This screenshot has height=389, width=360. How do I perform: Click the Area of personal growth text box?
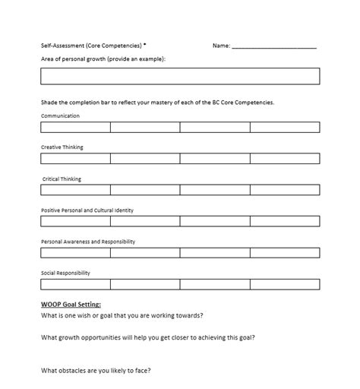point(180,76)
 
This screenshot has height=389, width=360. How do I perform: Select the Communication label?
point(60,116)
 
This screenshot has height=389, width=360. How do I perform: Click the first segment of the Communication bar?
point(76,127)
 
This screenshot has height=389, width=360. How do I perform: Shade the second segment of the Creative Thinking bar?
point(145,159)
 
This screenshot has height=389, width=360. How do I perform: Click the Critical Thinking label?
point(62,179)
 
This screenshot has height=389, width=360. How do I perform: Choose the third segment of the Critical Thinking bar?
point(215,190)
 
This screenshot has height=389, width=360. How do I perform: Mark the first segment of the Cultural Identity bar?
point(76,221)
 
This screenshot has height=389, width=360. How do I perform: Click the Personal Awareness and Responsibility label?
point(88,241)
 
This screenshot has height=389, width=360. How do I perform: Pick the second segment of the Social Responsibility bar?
point(145,284)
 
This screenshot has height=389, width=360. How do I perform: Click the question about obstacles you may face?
point(96,371)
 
